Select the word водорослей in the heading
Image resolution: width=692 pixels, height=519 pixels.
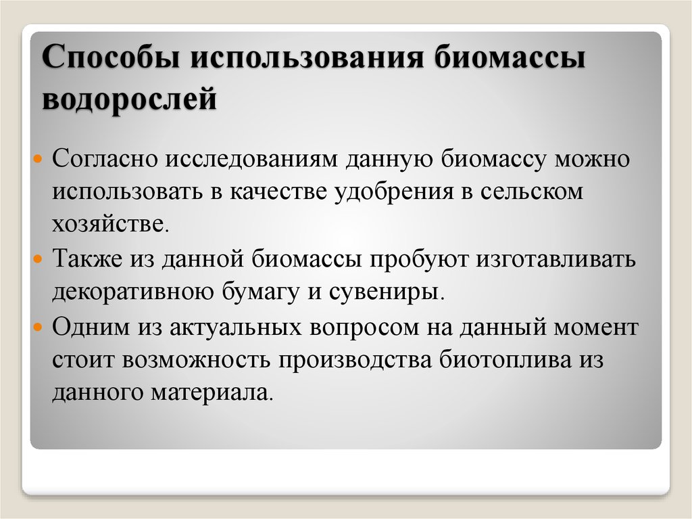tap(129, 98)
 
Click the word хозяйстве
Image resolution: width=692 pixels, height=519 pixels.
tap(108, 223)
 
